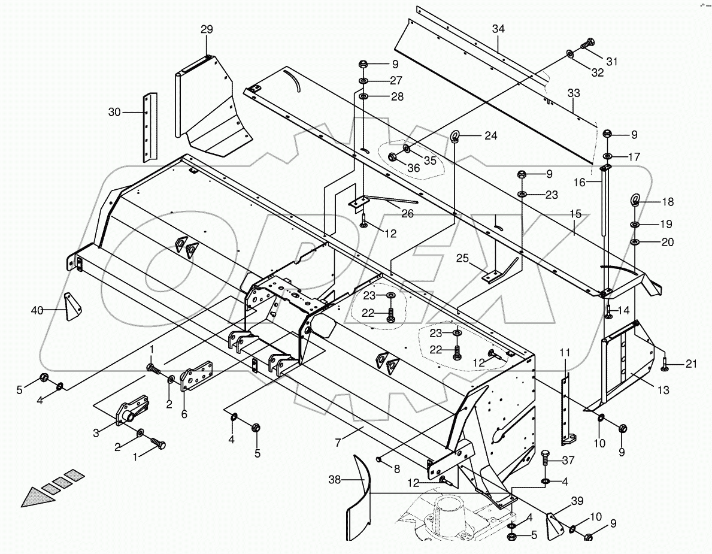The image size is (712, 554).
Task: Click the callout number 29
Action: [206, 29]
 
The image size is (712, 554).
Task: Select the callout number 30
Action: [114, 112]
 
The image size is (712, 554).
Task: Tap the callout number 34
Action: [499, 29]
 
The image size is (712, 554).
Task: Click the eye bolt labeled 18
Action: [636, 201]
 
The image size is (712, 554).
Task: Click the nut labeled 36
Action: [393, 158]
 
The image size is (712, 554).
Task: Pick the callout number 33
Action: [574, 93]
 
